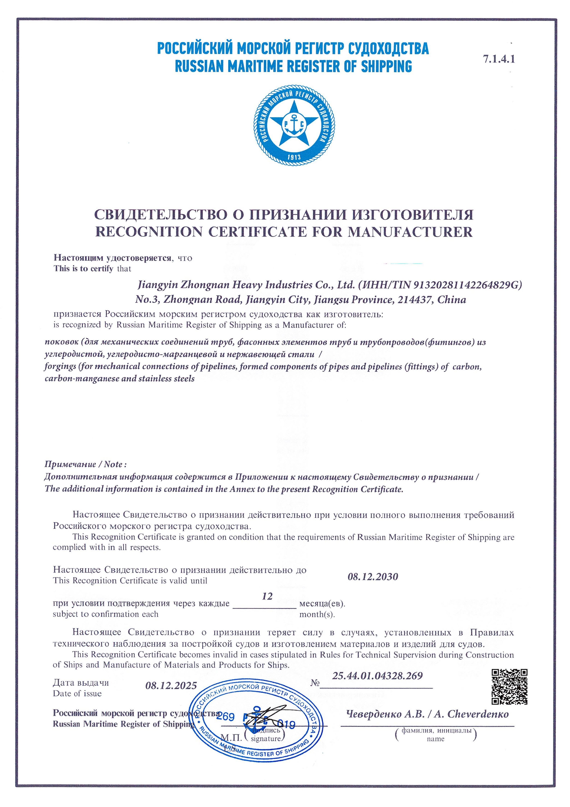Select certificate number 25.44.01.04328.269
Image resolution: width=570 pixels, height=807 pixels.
(377, 675)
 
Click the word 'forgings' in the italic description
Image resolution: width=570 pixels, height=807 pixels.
(60, 367)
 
